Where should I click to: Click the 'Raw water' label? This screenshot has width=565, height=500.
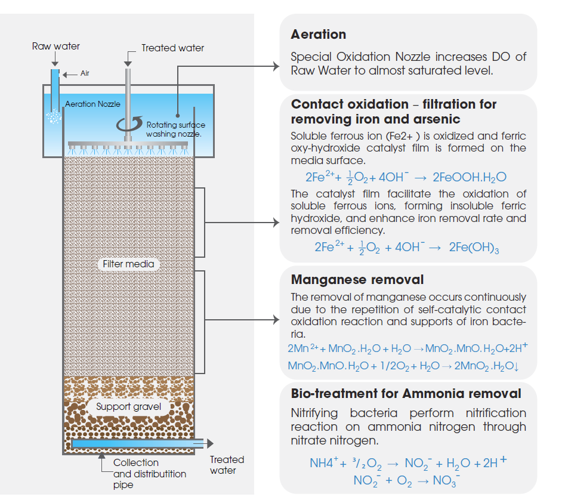click(x=55, y=46)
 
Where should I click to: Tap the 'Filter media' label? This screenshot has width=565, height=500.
click(x=128, y=264)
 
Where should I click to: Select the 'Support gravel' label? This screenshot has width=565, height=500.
click(x=128, y=407)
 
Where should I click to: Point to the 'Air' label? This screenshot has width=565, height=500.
click(x=85, y=74)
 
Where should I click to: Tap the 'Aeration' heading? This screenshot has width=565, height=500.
click(x=318, y=35)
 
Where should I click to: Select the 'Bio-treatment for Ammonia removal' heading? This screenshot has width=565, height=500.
click(x=406, y=394)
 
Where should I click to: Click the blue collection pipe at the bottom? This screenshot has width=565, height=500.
click(x=137, y=443)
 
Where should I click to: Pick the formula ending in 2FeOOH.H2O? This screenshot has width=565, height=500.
click(x=406, y=177)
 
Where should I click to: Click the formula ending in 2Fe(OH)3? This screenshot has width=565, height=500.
click(x=406, y=248)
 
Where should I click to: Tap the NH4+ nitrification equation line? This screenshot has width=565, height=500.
click(x=408, y=463)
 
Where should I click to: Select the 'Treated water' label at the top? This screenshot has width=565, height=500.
click(x=172, y=48)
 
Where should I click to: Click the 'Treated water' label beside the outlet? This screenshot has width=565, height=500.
click(x=227, y=465)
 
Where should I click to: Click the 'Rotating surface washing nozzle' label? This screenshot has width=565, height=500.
click(x=175, y=129)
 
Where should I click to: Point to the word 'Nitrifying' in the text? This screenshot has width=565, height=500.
click(x=314, y=413)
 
